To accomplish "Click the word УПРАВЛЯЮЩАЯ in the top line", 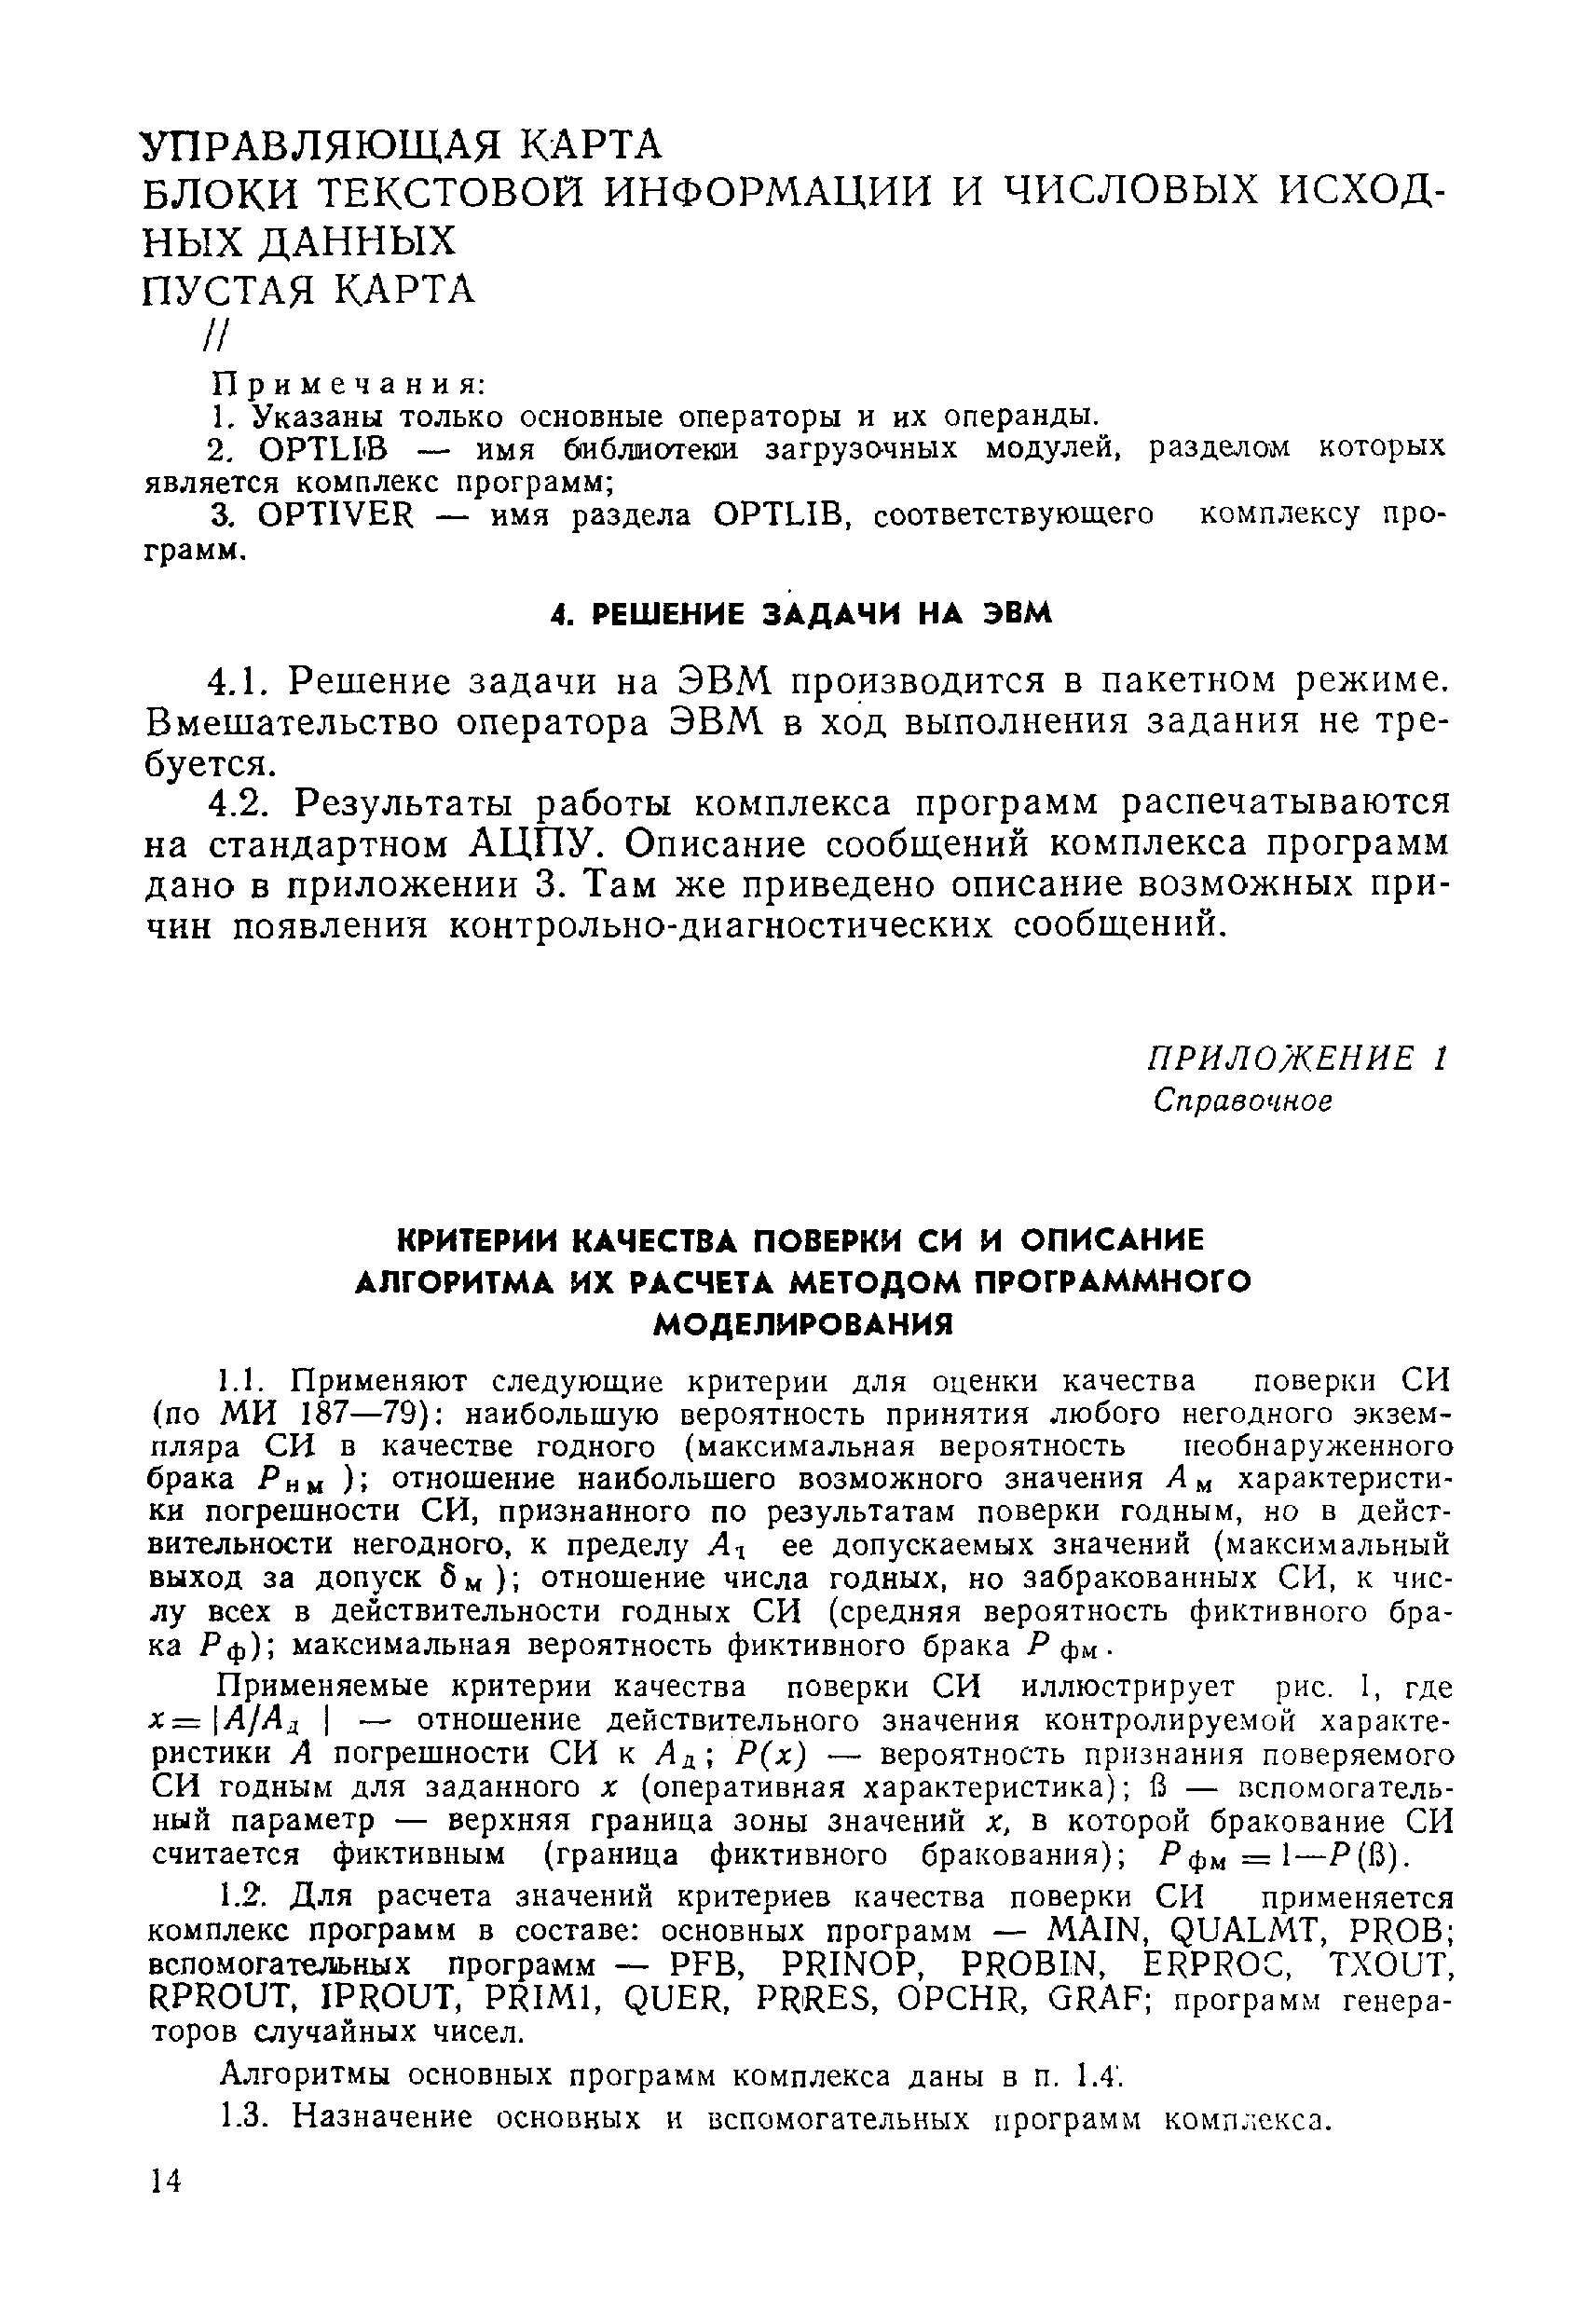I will [x=324, y=146].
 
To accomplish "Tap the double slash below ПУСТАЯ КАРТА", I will [x=216, y=338].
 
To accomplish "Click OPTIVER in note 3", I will [x=335, y=515].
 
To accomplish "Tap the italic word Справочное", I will [x=1242, y=1101].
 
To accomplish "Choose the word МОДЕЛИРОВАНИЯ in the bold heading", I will [x=802, y=1324].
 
